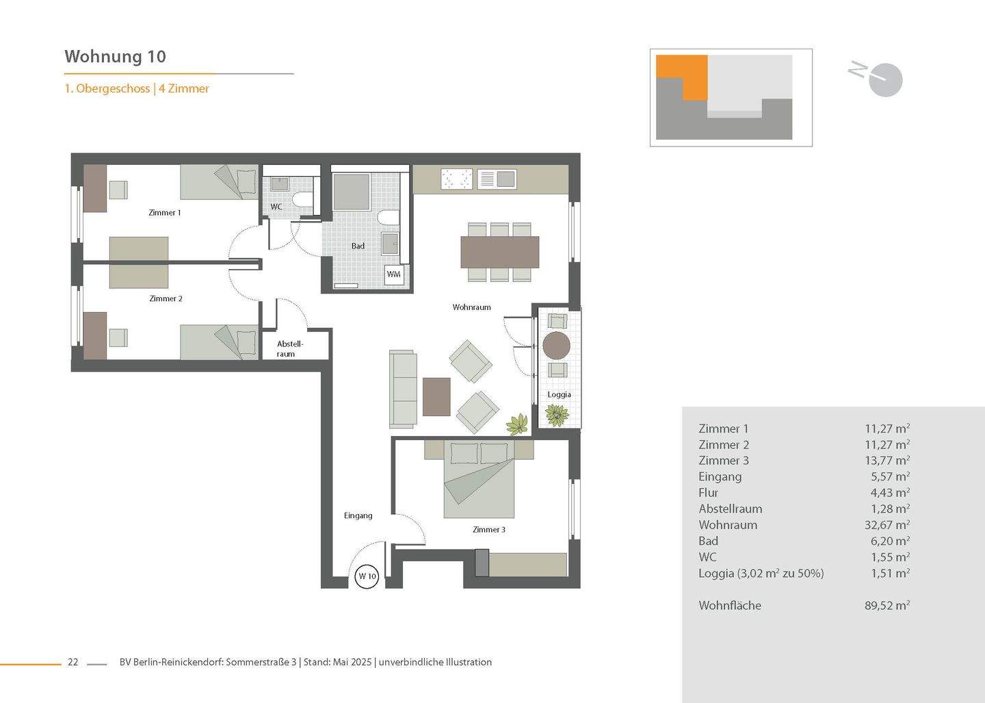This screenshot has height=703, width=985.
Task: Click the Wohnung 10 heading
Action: [115, 56]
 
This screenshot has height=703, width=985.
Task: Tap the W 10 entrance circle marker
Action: [367, 576]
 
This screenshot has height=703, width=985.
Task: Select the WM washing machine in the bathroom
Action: [394, 274]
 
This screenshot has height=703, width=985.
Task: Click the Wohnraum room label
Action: [471, 307]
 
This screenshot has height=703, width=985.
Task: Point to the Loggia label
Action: [559, 394]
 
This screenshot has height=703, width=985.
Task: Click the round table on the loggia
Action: [556, 345]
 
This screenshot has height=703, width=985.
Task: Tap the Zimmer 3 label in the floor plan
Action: [488, 529]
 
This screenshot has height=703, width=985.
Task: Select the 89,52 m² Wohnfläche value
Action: [886, 605]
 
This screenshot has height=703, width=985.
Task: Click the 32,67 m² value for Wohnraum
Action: [886, 525]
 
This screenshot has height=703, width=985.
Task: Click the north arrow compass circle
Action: [886, 81]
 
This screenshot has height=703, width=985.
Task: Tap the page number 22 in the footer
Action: [73, 662]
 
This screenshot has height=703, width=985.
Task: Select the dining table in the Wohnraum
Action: [499, 252]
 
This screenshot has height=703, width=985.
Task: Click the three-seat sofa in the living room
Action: [403, 389]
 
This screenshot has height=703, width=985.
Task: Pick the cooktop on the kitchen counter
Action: [457, 179]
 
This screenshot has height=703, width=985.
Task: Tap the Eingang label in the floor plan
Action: [358, 515]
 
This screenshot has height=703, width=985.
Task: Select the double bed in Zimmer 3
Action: [479, 479]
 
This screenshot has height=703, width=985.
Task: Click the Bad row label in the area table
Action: [708, 541]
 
